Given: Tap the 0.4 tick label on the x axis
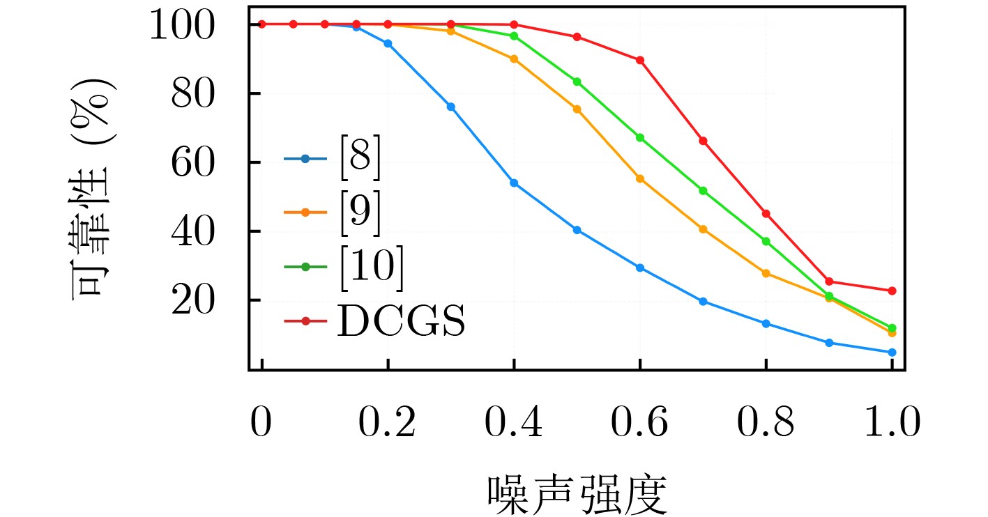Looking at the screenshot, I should coord(513,423).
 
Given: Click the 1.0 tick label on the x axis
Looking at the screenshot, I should coord(891,423).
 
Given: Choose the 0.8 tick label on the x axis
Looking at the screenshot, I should coord(766,423).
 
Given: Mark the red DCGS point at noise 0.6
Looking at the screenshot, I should coord(640,60).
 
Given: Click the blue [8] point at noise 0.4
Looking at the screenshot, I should coord(514,183).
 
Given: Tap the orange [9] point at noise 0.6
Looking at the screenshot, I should coord(640,179).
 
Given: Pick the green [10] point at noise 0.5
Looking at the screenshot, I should coord(577,82).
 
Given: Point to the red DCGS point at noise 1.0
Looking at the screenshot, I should coord(892,291).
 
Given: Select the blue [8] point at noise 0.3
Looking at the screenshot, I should coord(450,107).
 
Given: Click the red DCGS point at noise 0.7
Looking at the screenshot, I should coord(703,141).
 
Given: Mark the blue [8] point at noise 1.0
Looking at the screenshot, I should coord(892,353).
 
